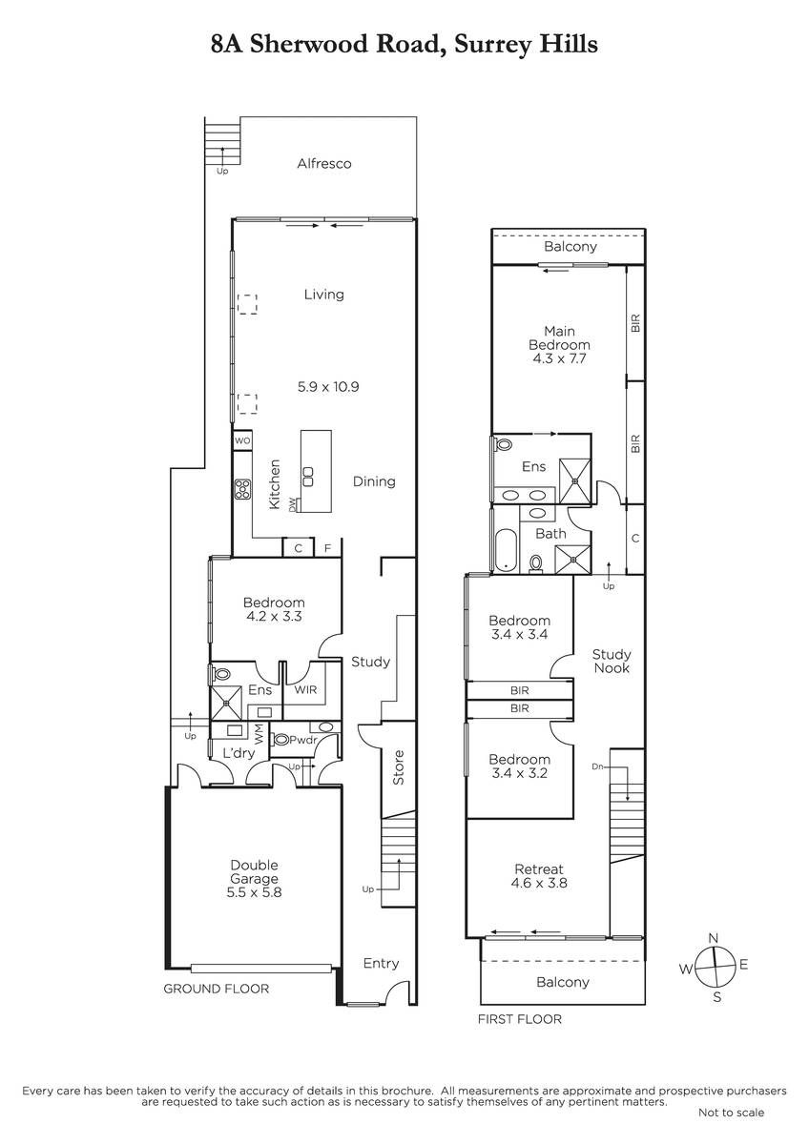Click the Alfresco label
(324, 163)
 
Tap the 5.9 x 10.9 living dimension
(328, 387)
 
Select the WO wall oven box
(242, 440)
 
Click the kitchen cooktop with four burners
(242, 489)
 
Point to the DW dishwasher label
(292, 505)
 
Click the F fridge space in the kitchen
(327, 548)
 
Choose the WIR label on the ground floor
(305, 689)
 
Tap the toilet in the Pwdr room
(280, 739)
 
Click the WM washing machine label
(259, 734)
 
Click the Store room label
(398, 767)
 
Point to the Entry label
(381, 963)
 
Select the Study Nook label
(612, 661)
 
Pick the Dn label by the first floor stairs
(597, 766)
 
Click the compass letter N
(714, 938)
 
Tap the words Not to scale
(731, 1113)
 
